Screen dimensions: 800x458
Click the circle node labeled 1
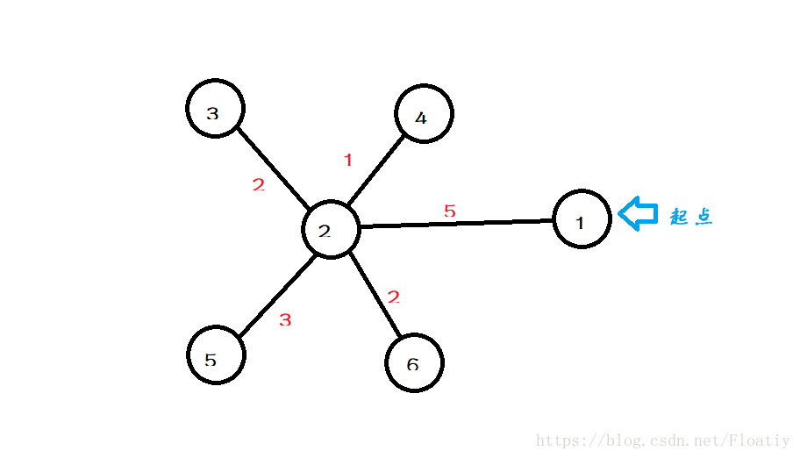point(582,219)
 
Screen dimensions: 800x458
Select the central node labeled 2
point(330,230)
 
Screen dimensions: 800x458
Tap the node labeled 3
point(215,110)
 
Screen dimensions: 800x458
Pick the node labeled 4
point(423,115)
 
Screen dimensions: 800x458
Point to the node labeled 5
point(216,355)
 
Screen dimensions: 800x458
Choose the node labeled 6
point(414,362)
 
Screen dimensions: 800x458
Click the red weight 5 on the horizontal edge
point(450,211)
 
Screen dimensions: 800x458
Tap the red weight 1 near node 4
point(348,160)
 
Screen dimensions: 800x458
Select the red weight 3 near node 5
point(284,320)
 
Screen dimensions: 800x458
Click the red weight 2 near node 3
point(258,185)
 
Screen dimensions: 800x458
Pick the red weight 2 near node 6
point(394,297)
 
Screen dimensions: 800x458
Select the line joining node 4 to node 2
point(375,173)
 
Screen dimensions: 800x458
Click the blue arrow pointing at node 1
point(638,214)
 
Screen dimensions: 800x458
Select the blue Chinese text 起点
point(691,217)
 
